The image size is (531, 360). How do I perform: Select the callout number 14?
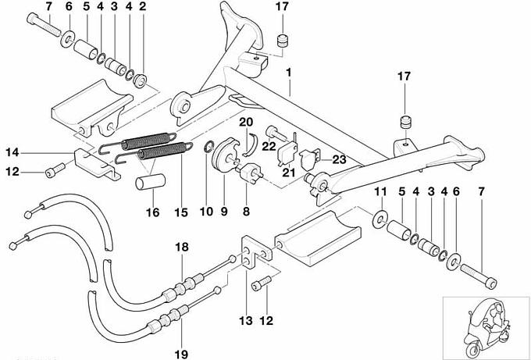click(14, 151)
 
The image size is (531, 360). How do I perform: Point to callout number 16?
click(152, 211)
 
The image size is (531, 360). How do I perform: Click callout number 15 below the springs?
click(184, 211)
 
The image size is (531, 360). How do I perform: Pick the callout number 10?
click(206, 211)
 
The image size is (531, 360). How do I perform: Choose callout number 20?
click(245, 122)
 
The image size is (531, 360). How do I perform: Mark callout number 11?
click(381, 192)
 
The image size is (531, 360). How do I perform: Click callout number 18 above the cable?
click(182, 248)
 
